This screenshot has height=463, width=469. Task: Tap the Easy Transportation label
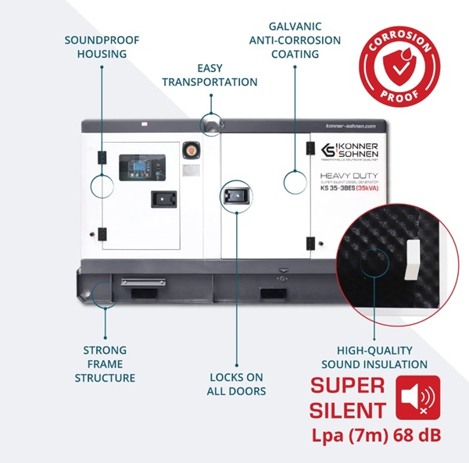click(209, 75)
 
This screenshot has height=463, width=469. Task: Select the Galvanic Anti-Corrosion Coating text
click(294, 40)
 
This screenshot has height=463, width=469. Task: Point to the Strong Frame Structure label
click(105, 364)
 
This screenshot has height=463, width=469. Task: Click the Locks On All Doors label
click(236, 384)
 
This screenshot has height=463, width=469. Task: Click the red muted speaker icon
click(418, 396)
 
